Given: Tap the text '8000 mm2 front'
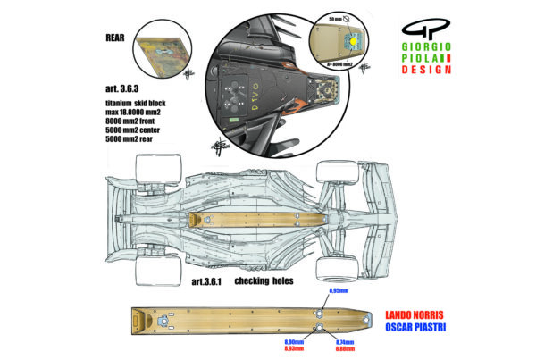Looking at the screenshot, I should pos(128,121).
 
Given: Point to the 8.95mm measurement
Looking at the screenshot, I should pos(338,290).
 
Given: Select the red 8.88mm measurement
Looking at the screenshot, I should pos(345,349).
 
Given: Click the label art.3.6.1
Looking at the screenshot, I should pos(210,280).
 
